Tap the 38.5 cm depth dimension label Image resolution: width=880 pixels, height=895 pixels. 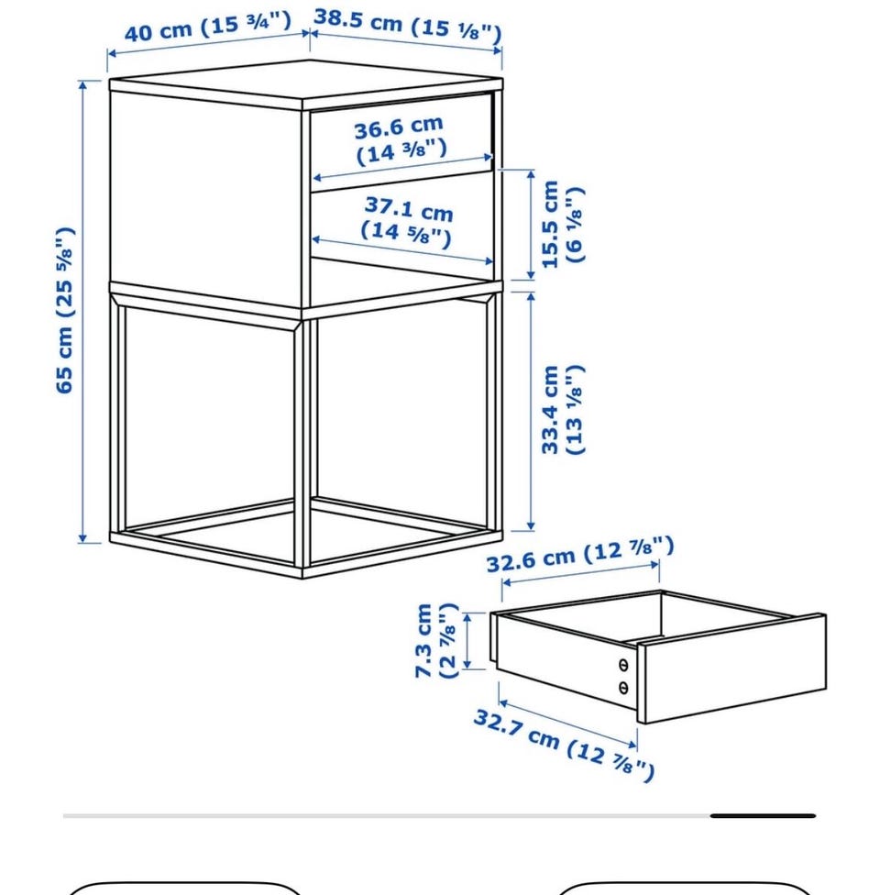[408, 26]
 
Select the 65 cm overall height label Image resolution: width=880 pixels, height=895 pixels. [64, 310]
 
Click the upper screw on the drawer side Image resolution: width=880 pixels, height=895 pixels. [623, 665]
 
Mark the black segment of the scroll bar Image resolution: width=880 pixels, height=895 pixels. [763, 815]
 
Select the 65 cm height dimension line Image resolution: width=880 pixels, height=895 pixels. [82, 312]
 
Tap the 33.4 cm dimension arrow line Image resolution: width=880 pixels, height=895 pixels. [532, 411]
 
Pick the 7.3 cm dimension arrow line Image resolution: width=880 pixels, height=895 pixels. [467, 641]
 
